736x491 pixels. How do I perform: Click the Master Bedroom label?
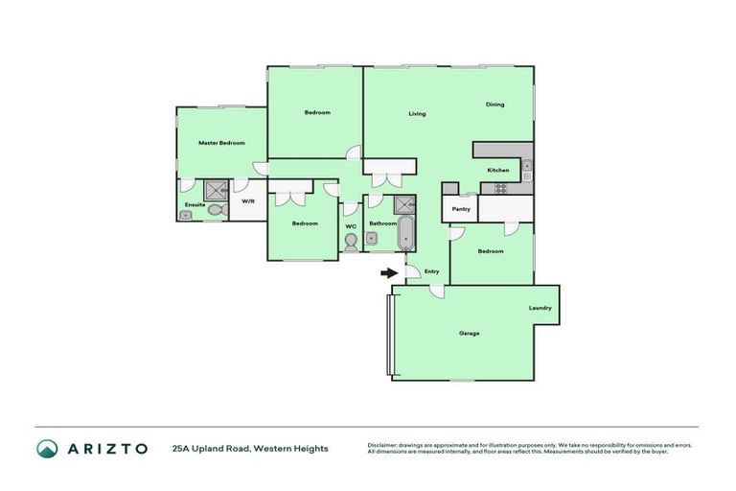[221, 143]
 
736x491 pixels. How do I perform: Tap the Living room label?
[417, 114]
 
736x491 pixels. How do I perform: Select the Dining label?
[494, 105]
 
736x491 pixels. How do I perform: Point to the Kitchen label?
[498, 170]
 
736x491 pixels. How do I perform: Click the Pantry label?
[461, 208]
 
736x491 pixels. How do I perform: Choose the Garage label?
[469, 333]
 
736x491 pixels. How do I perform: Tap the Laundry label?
[540, 308]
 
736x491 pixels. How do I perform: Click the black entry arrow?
[388, 272]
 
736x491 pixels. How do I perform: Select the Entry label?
[431, 271]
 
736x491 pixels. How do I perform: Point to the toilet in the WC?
[351, 242]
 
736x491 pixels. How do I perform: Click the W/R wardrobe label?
[247, 201]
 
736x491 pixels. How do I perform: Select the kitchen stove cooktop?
[500, 188]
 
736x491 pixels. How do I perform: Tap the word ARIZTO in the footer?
[105, 448]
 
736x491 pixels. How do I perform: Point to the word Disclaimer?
[387, 445]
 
